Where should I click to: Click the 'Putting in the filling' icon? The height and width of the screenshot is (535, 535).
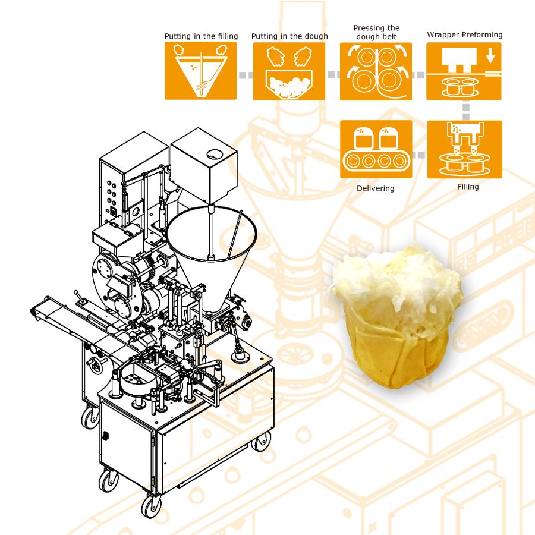point(200,71)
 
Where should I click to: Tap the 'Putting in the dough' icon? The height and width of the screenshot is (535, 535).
point(289,71)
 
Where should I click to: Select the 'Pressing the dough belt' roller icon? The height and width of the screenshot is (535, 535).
point(376,71)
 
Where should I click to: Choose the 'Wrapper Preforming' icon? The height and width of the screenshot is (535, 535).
point(464,71)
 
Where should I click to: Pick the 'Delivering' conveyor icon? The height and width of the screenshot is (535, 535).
point(376,149)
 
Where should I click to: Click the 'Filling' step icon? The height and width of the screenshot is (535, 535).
point(464,149)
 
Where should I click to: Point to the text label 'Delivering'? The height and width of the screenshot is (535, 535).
point(375,188)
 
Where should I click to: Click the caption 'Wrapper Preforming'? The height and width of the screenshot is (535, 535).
point(464,35)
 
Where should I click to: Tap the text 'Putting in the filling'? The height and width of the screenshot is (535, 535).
point(201,36)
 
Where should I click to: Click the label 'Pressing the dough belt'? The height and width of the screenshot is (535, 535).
point(376,32)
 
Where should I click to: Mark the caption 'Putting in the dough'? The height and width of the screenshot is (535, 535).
point(289,36)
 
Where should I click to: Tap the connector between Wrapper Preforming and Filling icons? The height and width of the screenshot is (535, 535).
point(465,111)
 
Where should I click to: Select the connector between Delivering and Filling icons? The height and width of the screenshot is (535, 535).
point(420,155)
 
